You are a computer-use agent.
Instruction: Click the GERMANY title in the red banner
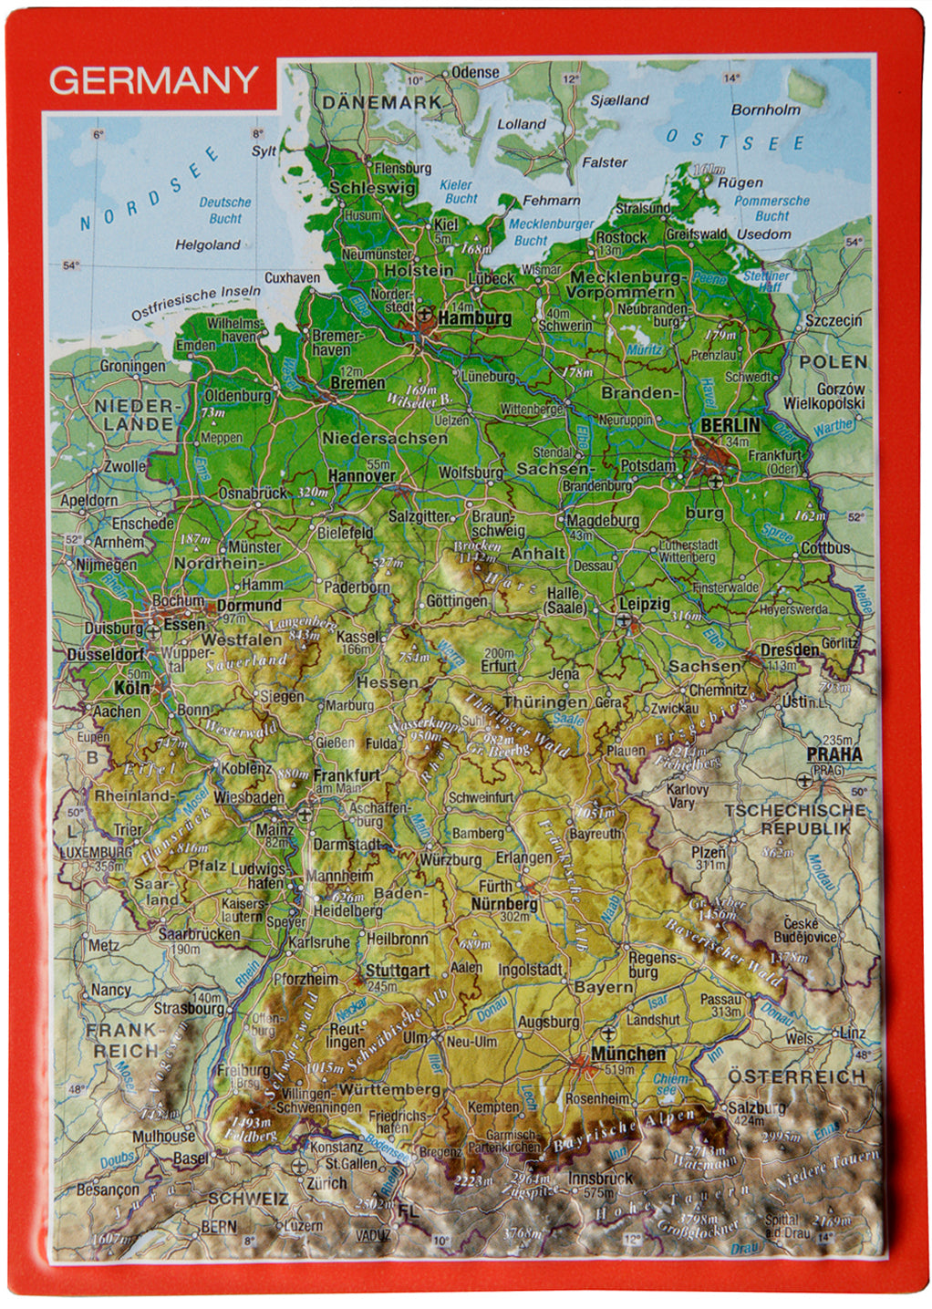[153, 80]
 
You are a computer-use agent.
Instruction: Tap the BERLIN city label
[730, 425]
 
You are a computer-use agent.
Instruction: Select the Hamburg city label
[474, 318]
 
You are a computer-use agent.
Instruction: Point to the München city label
[627, 1054]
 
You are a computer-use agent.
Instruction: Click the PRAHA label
[834, 754]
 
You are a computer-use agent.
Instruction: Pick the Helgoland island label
[208, 244]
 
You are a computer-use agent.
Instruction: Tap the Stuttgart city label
[397, 971]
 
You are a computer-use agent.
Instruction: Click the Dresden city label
[789, 650]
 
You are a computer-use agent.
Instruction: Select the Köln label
[131, 687]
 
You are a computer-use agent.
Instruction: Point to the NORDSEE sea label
[150, 189]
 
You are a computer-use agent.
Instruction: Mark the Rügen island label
[740, 182]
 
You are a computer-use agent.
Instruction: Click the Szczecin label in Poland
[833, 321]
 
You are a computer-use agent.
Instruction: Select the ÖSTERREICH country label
[795, 1076]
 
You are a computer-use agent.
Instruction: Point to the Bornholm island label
[765, 109]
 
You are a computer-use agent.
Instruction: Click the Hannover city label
[362, 475]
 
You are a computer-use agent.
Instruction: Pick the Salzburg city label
[756, 1107]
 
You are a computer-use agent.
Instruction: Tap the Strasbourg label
[188, 1009]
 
